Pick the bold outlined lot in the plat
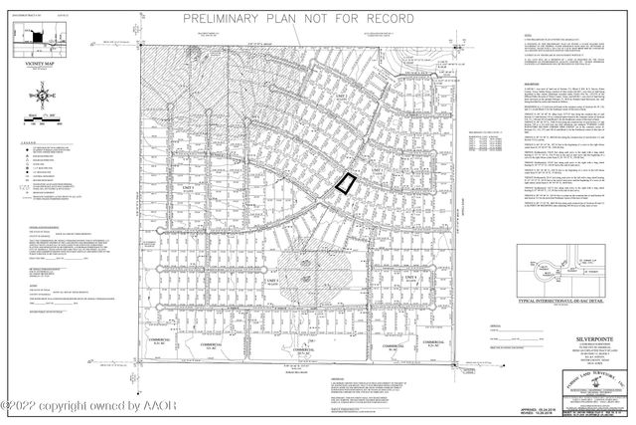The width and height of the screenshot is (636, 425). [344, 182]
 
